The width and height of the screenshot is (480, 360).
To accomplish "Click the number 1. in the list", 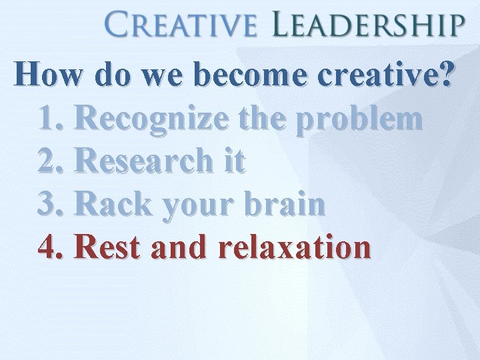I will tap(53, 119).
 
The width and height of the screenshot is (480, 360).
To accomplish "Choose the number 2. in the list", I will tap(53, 162).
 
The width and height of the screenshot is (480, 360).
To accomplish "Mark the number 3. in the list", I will tap(53, 205).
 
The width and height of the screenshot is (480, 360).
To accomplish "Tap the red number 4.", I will tap(53, 247).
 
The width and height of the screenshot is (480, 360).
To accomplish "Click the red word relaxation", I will tap(294, 247).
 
